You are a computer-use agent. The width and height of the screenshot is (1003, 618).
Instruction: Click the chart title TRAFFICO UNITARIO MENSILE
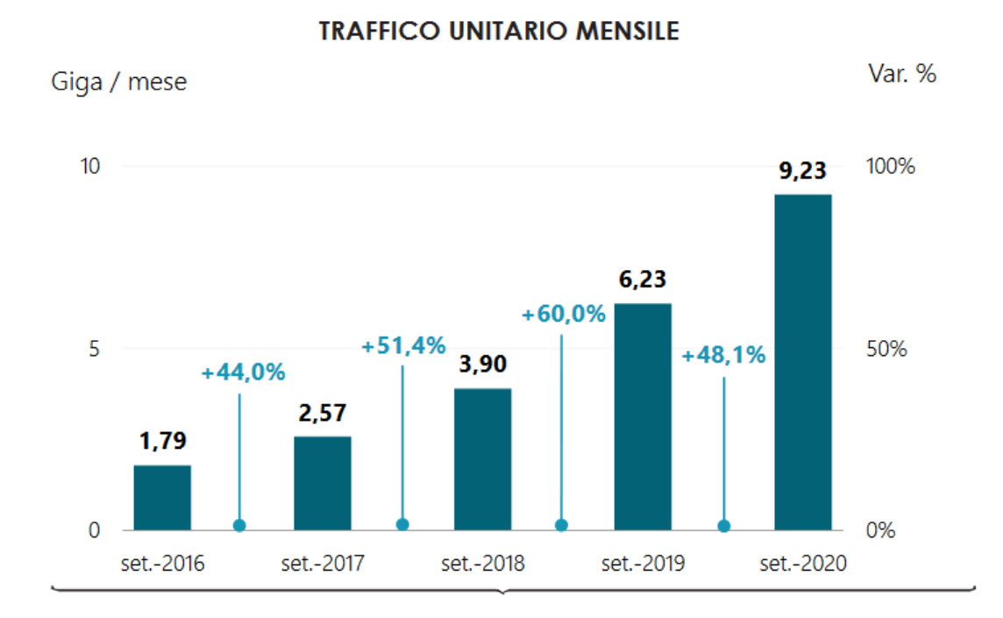pos(499,32)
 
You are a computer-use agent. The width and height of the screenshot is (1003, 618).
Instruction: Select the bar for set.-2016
pos(162,497)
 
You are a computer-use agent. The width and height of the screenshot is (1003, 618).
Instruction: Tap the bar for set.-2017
pos(323,483)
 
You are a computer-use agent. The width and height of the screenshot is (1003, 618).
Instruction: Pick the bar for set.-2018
pos(482,459)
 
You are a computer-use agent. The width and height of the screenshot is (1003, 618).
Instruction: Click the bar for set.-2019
pos(643,416)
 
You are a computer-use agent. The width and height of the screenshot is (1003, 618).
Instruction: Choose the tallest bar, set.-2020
pos(802,362)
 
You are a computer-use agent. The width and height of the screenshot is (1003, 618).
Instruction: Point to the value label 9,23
pos(802,170)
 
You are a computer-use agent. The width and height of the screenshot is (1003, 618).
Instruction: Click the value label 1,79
pos(162,441)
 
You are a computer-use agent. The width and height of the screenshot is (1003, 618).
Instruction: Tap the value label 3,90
pos(482,364)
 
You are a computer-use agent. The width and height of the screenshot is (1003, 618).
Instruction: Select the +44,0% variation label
pos(243,373)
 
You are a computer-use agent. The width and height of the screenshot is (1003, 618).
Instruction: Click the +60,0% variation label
pos(564,314)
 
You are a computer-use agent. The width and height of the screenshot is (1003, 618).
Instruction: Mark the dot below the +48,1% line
pos(723,526)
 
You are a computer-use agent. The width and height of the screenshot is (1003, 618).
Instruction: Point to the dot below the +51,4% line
pos(402,524)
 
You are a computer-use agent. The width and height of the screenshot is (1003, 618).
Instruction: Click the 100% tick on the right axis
pos(890,167)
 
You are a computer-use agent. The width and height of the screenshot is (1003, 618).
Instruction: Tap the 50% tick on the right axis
pos(886,349)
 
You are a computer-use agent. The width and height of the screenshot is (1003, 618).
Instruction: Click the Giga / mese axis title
pos(119,82)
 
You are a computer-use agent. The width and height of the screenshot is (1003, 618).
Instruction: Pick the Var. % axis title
pos(902,74)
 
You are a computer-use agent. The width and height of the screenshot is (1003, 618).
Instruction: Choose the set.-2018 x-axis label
pos(483,563)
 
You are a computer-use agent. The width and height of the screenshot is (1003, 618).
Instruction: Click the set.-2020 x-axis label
pos(803,563)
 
